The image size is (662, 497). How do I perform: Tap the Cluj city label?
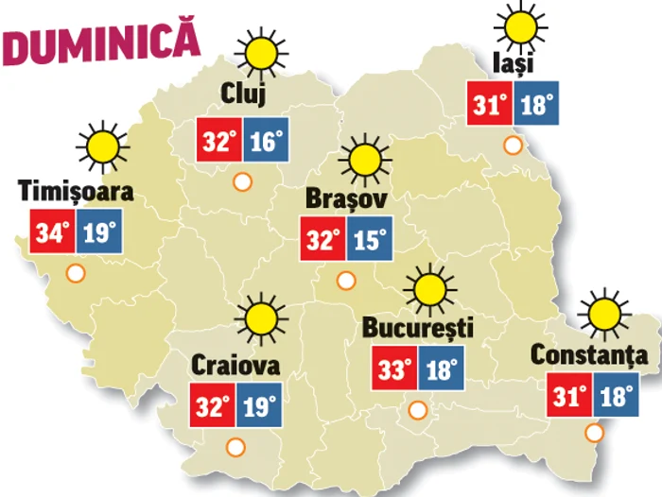(x=243, y=94)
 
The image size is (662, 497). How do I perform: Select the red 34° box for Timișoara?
(x=53, y=232)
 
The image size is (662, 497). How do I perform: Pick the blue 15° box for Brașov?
(x=369, y=240)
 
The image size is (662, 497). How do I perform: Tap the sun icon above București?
(x=430, y=286)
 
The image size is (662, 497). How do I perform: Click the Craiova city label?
(x=235, y=364)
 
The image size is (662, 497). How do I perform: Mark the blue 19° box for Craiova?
(x=259, y=406)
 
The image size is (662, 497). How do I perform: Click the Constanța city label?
(x=589, y=355)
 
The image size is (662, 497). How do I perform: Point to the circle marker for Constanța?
(x=594, y=434)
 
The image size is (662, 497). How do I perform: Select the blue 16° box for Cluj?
(x=266, y=142)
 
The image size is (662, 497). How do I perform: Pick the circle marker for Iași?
(x=513, y=146)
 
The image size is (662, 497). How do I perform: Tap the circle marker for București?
(x=417, y=410)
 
